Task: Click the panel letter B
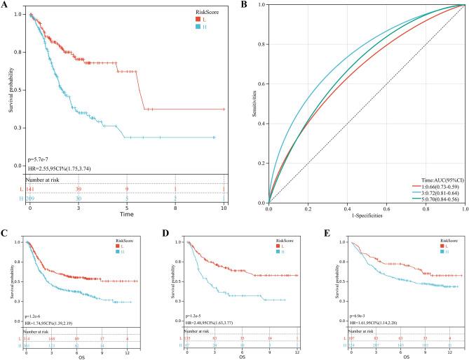click(x=245, y=5)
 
